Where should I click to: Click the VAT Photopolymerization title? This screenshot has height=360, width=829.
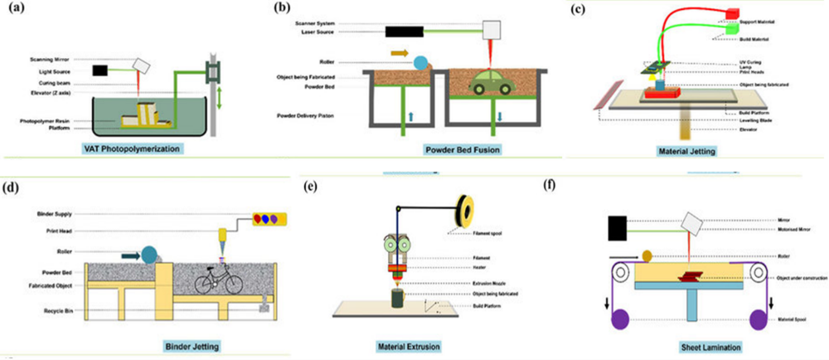(133, 149)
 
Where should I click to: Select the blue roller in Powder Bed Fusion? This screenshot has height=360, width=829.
(422, 62)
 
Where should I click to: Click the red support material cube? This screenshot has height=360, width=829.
(732, 12)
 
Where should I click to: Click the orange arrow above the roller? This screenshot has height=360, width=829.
(400, 52)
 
